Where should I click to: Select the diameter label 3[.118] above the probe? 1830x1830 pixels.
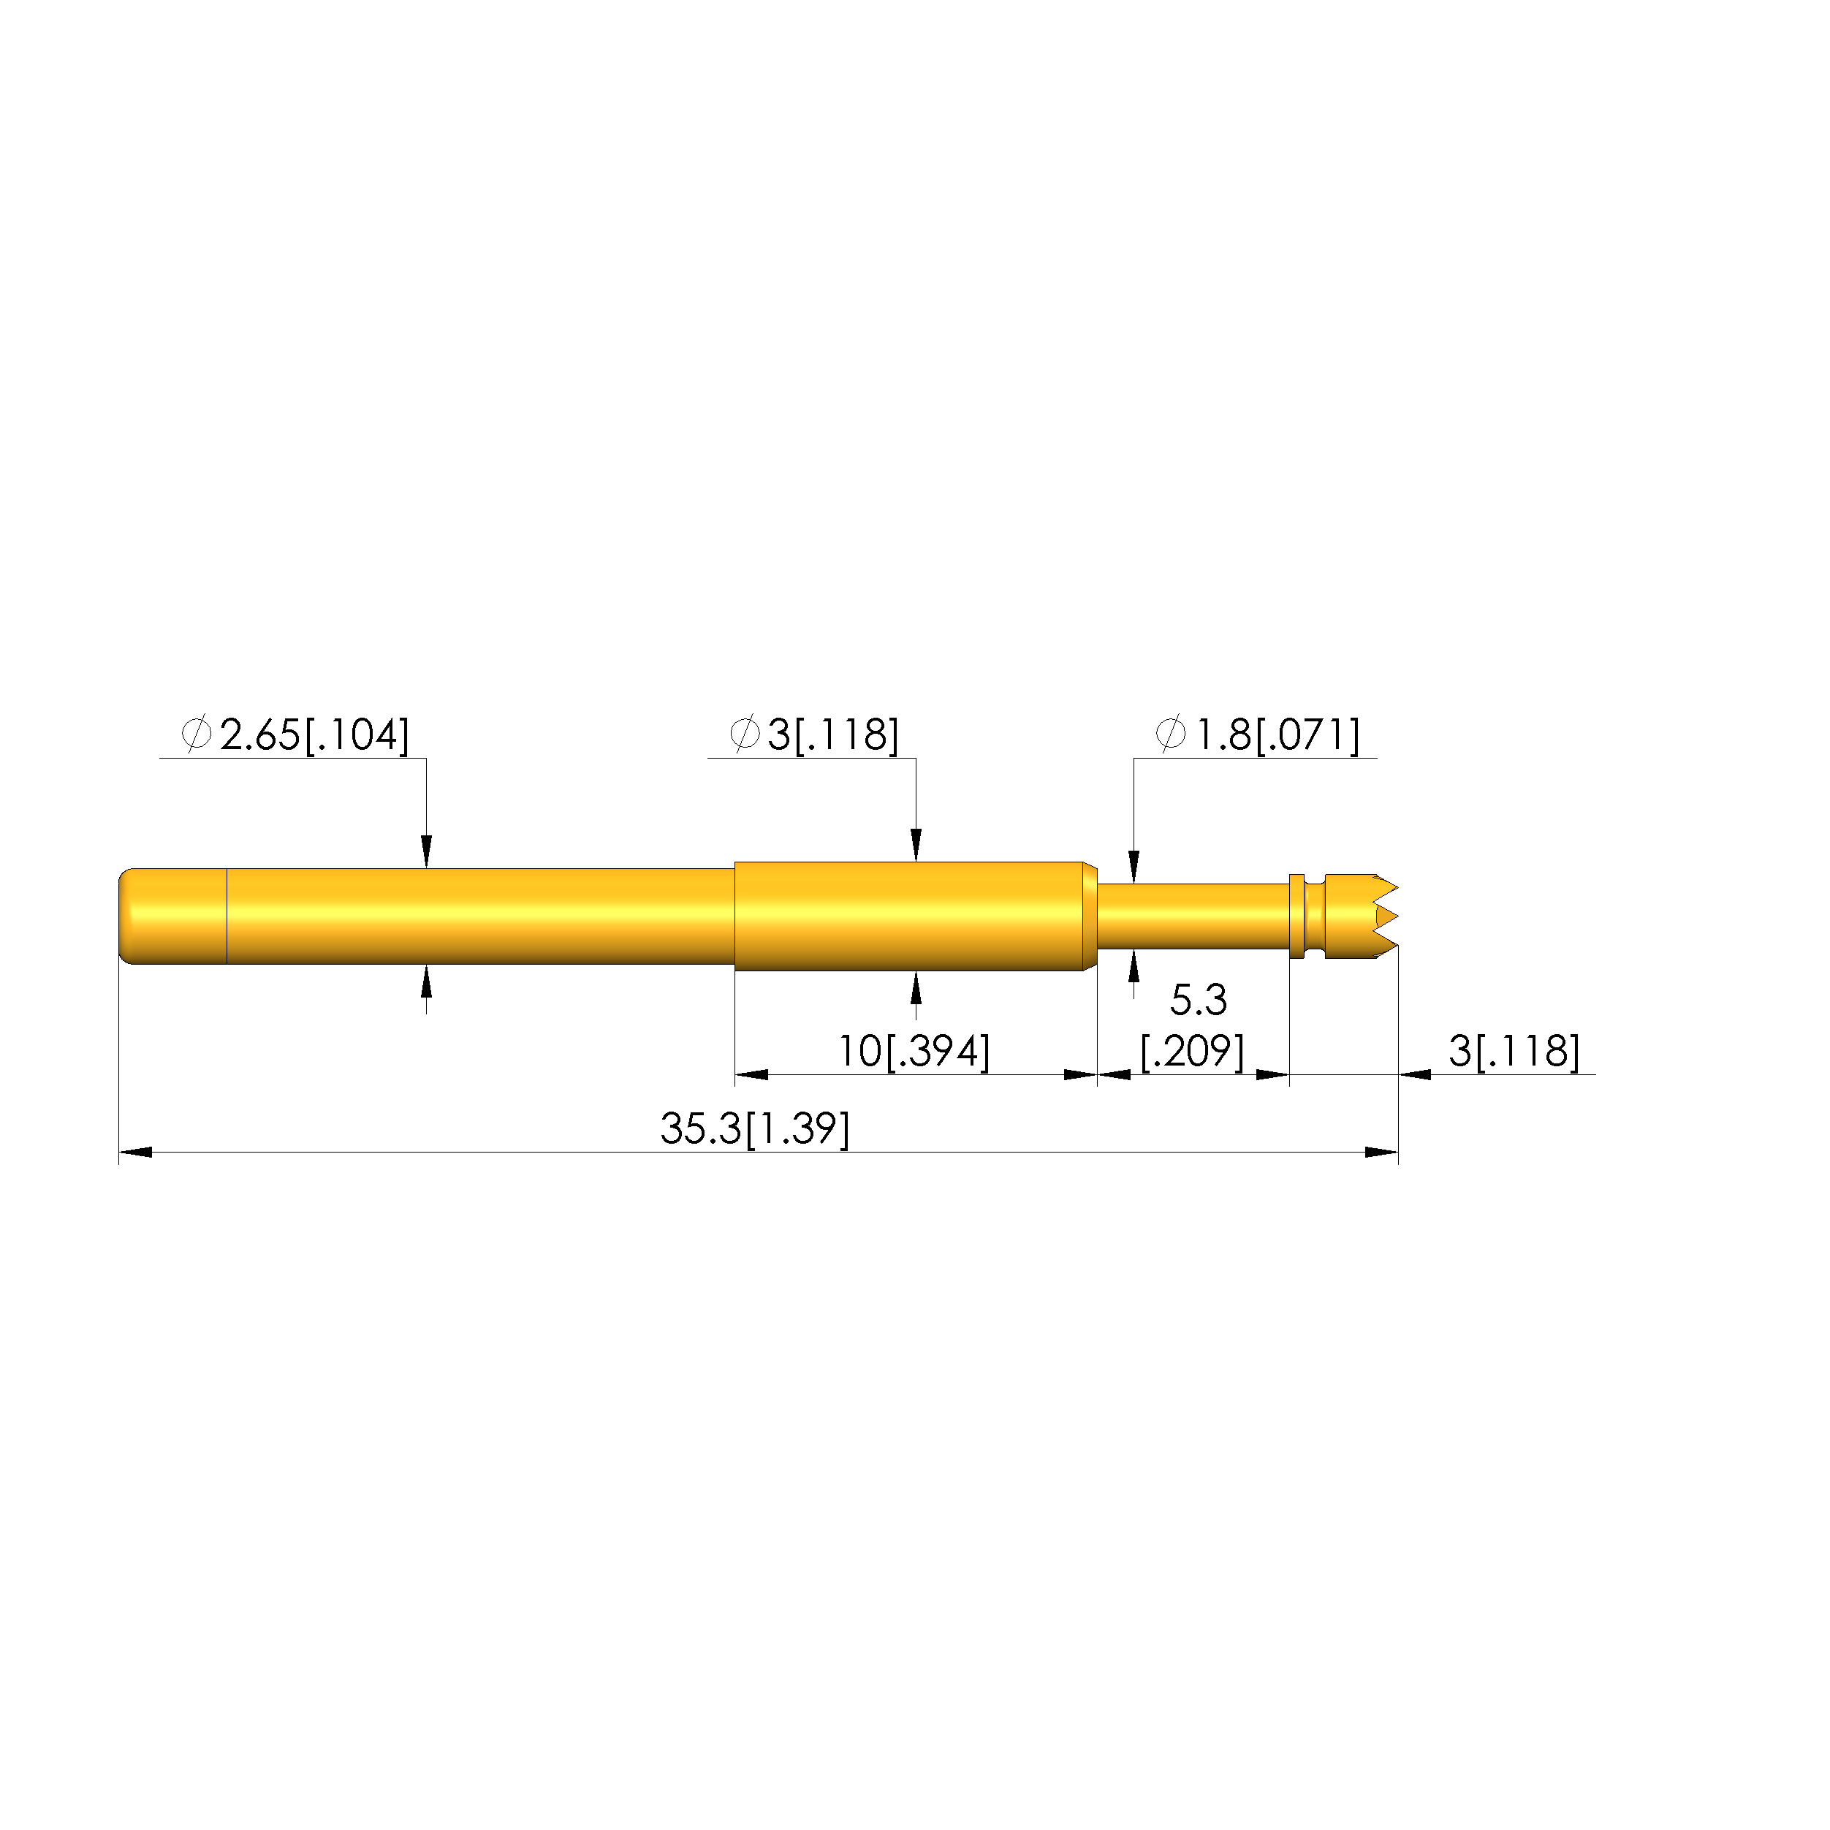click(x=832, y=735)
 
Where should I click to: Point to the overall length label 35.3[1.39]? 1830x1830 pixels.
click(x=755, y=1129)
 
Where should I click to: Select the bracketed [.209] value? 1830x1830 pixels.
click(x=1193, y=1052)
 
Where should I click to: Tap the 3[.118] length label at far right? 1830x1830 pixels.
click(x=1514, y=1052)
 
